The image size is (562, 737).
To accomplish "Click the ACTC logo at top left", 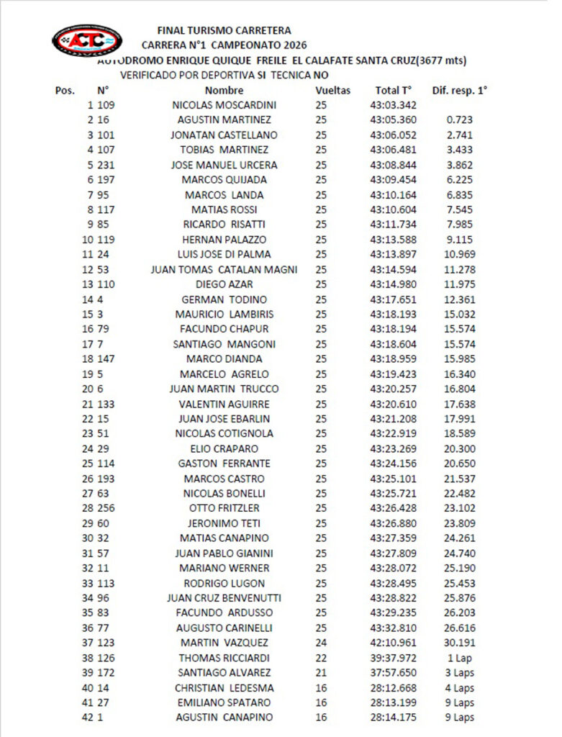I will (86, 40).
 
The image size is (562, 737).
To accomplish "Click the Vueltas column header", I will (332, 91).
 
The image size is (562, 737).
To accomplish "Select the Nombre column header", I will (224, 91).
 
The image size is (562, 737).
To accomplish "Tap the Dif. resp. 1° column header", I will (459, 91).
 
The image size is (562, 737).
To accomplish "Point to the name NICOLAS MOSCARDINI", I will (224, 105).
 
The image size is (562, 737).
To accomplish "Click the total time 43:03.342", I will (393, 105).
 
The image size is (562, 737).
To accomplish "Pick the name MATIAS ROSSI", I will (224, 209).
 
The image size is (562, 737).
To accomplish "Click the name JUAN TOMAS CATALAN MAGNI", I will (224, 269).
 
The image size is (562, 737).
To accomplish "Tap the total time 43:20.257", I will (393, 389).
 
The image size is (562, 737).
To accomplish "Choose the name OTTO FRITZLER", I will (224, 508).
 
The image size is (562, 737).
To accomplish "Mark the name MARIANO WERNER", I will (224, 568).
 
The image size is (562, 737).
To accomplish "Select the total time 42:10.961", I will (393, 643).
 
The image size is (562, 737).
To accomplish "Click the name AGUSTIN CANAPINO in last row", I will (224, 718).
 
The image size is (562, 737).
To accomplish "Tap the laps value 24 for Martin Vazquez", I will (321, 643).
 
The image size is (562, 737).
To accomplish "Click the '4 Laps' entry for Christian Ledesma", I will (459, 687).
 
